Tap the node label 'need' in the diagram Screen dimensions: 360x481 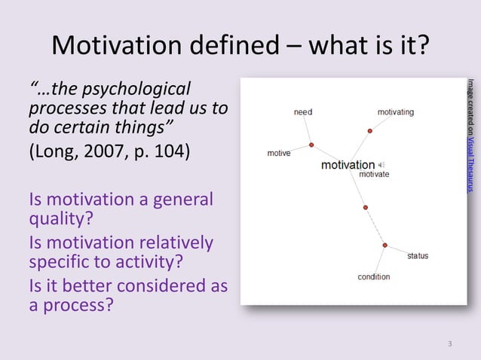click(302, 112)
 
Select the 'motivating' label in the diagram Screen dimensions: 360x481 click(395, 112)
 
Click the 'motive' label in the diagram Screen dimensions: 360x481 click(279, 154)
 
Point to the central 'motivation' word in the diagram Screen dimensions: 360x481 click(348, 165)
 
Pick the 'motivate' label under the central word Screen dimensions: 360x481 click(374, 175)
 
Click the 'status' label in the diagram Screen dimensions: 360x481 click(418, 256)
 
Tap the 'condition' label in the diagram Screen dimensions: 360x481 click(373, 277)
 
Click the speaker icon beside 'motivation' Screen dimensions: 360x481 click(381, 165)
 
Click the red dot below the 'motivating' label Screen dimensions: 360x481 click(370, 131)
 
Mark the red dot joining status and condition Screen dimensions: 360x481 click(384, 245)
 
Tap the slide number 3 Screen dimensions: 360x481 click(450, 345)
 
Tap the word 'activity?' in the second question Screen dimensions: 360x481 click(143, 264)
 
